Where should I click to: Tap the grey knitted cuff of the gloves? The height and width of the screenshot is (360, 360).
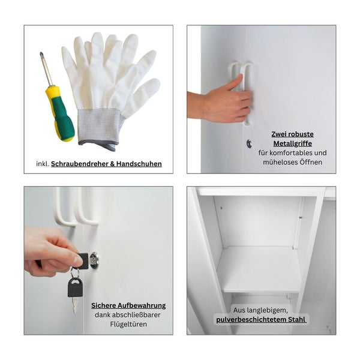[x=100, y=125]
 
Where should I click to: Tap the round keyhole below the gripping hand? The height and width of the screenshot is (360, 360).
[x=249, y=143]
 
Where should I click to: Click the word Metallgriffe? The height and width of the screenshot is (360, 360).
[x=292, y=143]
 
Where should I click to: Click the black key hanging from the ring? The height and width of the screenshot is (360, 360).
[x=75, y=287]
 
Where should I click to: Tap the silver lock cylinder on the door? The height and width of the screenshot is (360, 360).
[x=94, y=259]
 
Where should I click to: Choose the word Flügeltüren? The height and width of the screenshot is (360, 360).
[x=128, y=325]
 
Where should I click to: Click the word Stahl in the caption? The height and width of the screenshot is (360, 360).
[x=293, y=320]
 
